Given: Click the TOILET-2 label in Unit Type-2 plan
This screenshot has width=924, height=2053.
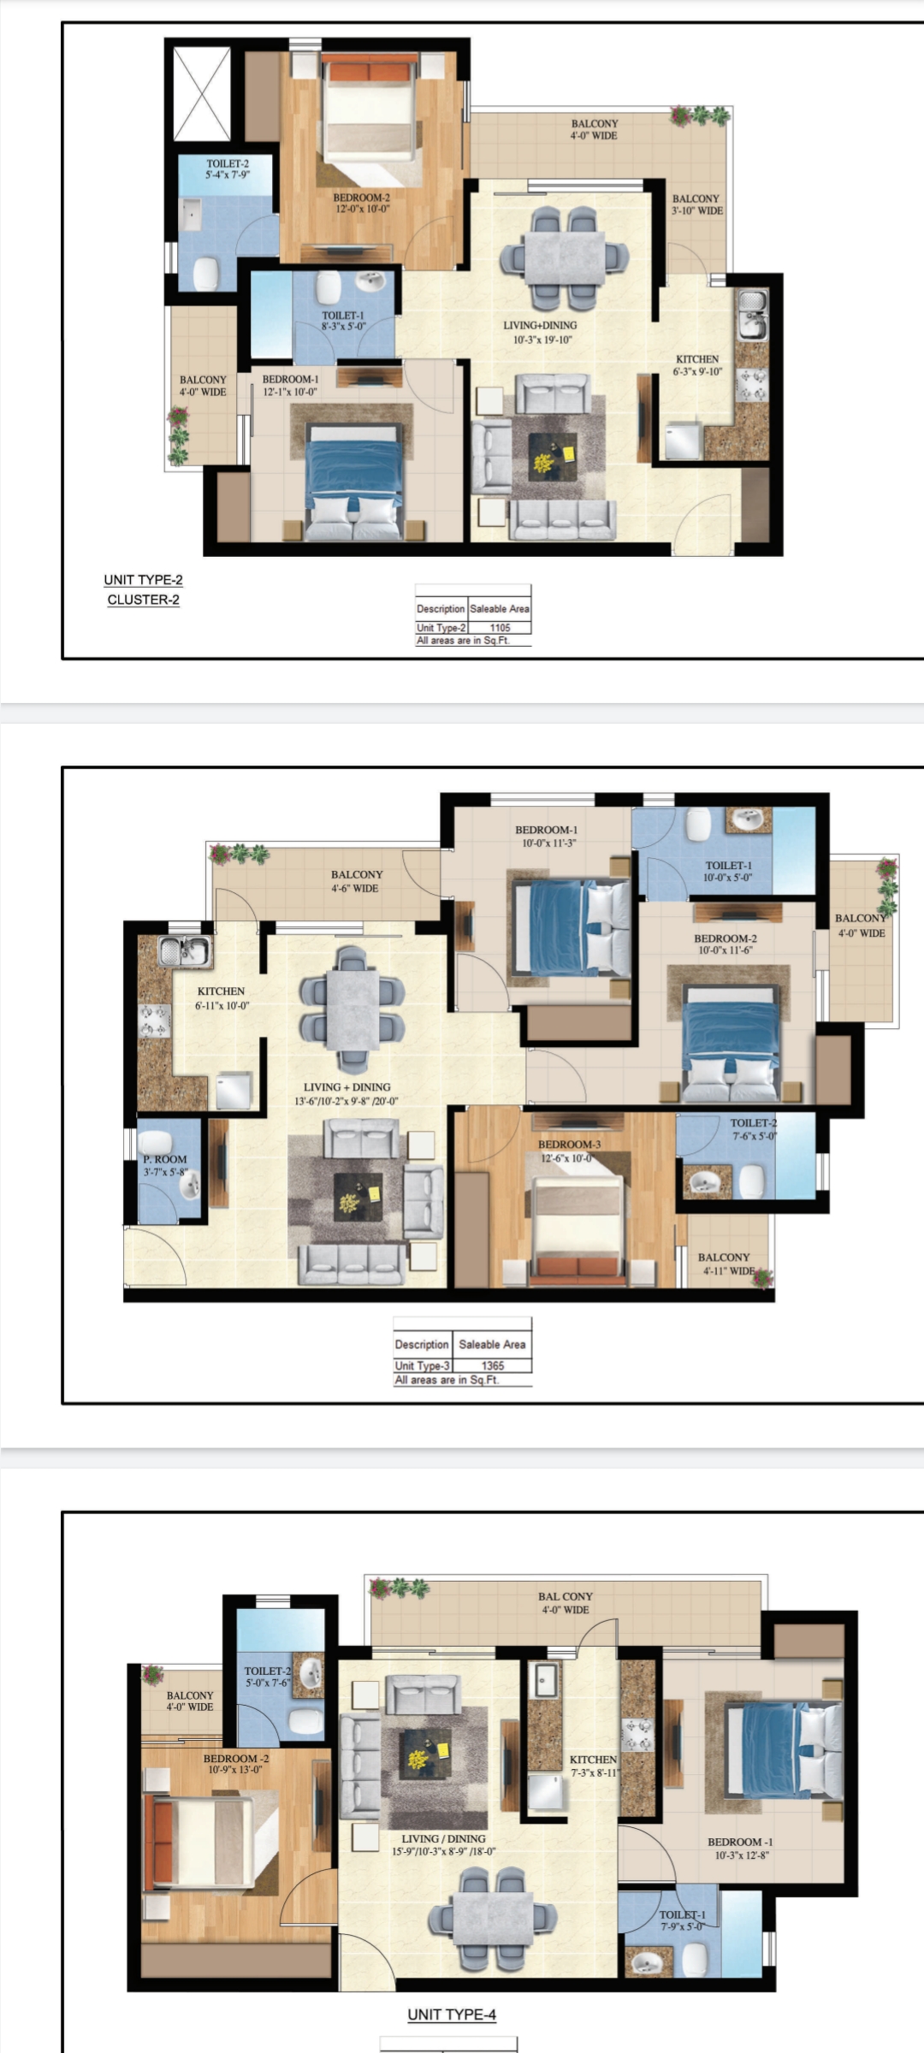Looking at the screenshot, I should [228, 169].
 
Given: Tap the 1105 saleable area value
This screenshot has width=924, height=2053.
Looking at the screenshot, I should [500, 627].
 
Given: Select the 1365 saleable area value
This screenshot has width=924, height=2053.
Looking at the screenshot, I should [493, 1365].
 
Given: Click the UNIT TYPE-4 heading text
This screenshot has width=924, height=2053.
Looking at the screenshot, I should [452, 2015].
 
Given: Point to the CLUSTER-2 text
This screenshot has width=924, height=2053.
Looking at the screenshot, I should [144, 600].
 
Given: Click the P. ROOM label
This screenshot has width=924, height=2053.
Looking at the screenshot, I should [165, 1165].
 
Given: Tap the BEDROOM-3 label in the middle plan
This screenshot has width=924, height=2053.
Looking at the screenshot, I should [569, 1151].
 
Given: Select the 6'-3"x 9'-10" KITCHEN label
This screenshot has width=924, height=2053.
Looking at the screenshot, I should [697, 365].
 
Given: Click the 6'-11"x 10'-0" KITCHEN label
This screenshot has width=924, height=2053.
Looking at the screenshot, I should [222, 998].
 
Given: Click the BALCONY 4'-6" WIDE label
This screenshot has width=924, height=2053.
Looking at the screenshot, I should [357, 881].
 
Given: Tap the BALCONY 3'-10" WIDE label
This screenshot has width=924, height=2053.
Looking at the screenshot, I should [696, 204].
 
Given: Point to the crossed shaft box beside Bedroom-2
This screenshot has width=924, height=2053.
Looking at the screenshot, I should [202, 93].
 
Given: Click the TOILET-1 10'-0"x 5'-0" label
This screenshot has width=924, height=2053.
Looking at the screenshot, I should [728, 871].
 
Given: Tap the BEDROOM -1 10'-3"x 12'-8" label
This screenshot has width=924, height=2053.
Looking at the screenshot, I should [740, 1849].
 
